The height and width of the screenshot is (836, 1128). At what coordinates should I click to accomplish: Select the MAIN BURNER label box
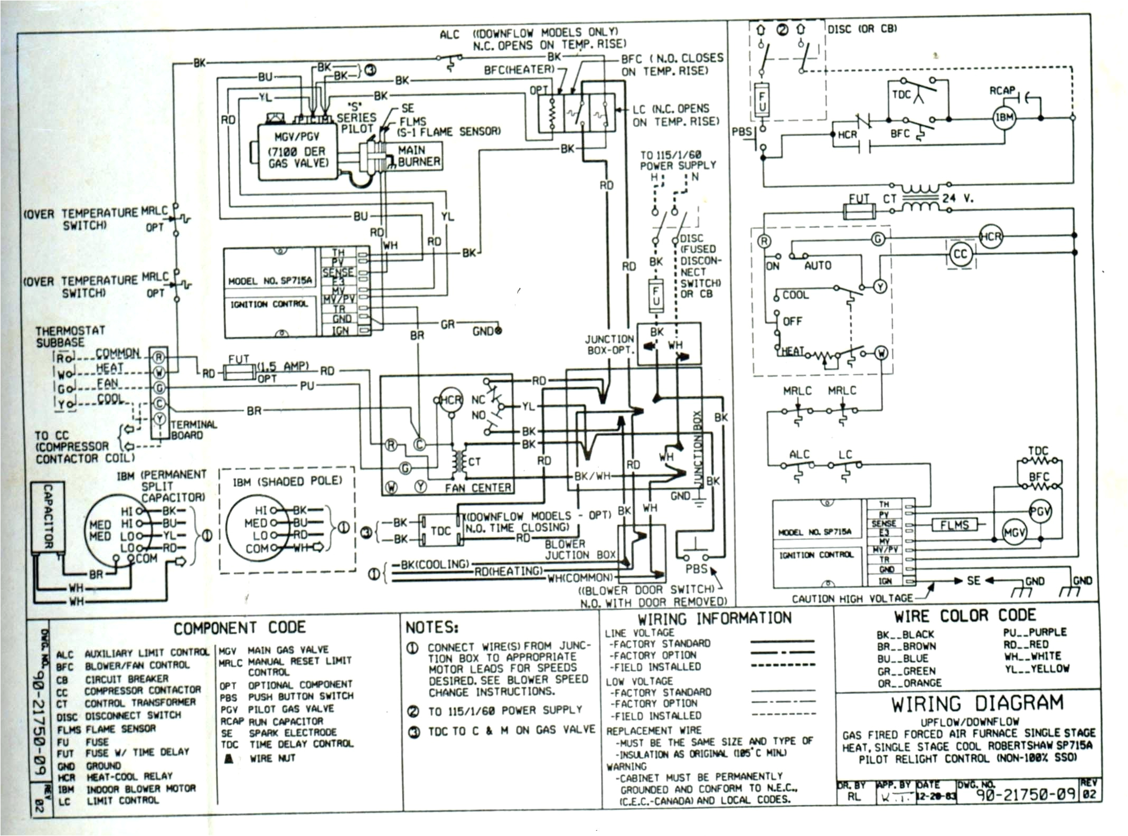(x=419, y=156)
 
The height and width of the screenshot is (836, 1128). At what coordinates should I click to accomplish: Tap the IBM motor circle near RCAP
(x=1004, y=117)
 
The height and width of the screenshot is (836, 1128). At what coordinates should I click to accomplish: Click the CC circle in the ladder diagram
(x=960, y=254)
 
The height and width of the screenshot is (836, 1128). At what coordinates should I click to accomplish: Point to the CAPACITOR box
(x=48, y=517)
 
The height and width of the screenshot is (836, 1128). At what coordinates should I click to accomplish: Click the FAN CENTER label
(x=477, y=488)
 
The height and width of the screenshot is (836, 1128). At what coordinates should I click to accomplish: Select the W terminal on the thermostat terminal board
(x=159, y=373)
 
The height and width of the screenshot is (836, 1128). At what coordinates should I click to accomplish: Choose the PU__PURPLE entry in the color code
(x=1035, y=632)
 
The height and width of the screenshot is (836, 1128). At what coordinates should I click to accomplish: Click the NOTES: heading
(x=431, y=628)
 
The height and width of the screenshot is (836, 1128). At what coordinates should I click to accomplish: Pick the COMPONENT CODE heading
(x=240, y=628)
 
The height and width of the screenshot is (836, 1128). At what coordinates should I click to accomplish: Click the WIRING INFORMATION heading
(x=714, y=619)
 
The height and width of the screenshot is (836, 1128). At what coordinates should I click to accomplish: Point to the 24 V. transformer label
(x=957, y=199)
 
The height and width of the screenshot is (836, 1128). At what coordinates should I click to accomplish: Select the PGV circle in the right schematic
(x=1040, y=511)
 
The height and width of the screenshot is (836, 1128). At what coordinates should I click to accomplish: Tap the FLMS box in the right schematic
(x=954, y=525)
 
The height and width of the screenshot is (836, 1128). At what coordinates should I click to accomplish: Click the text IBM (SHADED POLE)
(x=287, y=481)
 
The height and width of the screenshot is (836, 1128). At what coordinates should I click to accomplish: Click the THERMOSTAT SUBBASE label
(x=70, y=337)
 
